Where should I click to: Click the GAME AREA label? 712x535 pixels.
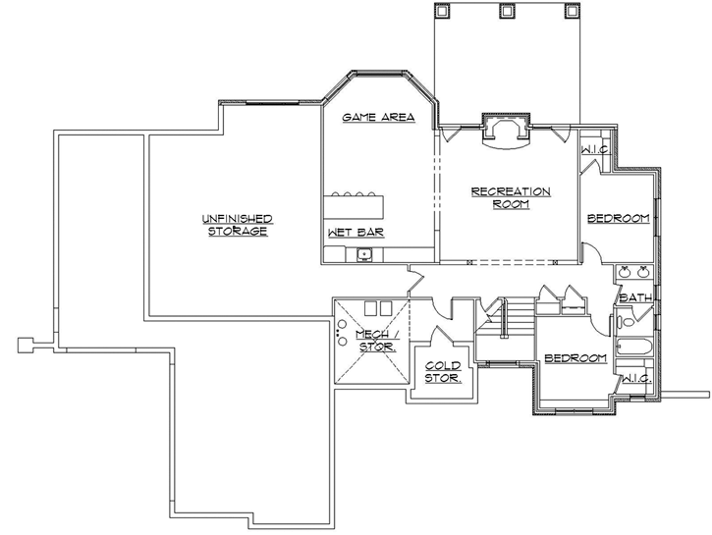tap(377, 117)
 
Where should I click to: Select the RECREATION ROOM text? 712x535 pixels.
tap(510, 197)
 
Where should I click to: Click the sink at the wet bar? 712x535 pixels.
tap(365, 254)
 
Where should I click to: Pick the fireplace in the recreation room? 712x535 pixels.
tap(507, 133)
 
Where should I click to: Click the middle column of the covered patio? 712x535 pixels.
tap(507, 11)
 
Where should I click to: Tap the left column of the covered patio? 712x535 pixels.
tap(442, 11)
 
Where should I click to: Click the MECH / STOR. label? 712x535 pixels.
tap(375, 341)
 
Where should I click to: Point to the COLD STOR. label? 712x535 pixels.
tap(442, 371)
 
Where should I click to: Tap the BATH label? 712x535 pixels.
tap(635, 296)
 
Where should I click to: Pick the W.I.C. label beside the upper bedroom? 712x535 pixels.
tap(595, 149)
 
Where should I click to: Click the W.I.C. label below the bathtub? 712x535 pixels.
tap(634, 378)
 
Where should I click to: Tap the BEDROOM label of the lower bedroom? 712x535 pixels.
tap(575, 359)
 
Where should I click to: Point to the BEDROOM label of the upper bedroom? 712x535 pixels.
tap(618, 218)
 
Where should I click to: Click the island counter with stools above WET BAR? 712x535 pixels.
tap(354, 206)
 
